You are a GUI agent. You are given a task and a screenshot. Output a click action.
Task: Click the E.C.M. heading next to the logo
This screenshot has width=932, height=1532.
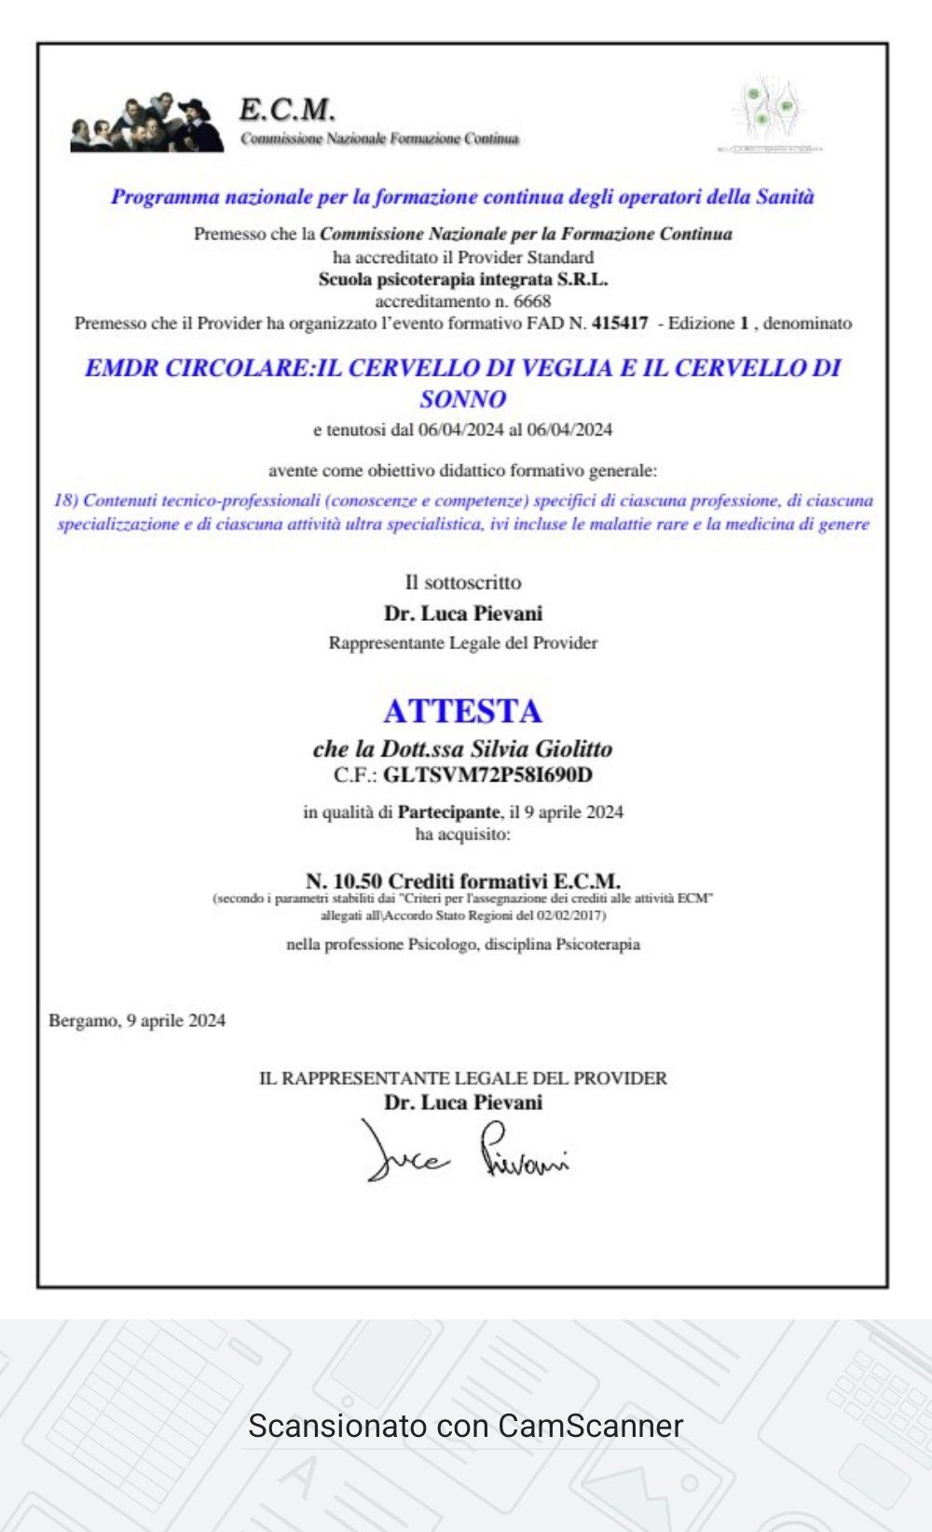[x=286, y=110]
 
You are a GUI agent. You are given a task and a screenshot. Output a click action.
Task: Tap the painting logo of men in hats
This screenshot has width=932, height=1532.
[x=147, y=123]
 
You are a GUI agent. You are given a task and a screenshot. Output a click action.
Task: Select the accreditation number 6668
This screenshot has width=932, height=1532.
[x=531, y=301]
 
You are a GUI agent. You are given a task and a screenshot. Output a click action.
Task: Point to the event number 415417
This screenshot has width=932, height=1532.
[x=619, y=324]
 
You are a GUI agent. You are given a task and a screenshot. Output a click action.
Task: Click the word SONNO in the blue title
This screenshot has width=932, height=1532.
[x=462, y=399]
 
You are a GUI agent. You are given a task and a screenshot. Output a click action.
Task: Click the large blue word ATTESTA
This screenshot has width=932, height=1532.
[x=462, y=711]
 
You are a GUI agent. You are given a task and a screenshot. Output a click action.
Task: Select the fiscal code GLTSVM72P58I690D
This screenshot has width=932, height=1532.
[x=487, y=775]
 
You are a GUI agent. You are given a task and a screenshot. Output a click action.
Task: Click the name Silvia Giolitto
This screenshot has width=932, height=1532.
[x=541, y=749]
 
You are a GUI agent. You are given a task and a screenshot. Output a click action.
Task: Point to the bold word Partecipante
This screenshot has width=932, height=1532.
[x=448, y=812]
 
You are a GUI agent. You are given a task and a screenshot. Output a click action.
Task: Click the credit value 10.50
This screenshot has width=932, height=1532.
[x=357, y=881]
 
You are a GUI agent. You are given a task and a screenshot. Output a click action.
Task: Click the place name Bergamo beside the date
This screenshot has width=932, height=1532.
[x=83, y=1021]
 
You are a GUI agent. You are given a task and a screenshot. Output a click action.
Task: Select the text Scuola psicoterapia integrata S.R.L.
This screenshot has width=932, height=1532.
[x=462, y=279]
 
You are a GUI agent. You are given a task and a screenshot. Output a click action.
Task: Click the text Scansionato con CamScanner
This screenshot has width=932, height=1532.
[x=465, y=1426]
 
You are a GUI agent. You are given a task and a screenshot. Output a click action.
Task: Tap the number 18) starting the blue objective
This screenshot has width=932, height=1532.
[x=65, y=501]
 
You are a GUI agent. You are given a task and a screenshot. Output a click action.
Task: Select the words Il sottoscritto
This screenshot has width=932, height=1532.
[x=462, y=583]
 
